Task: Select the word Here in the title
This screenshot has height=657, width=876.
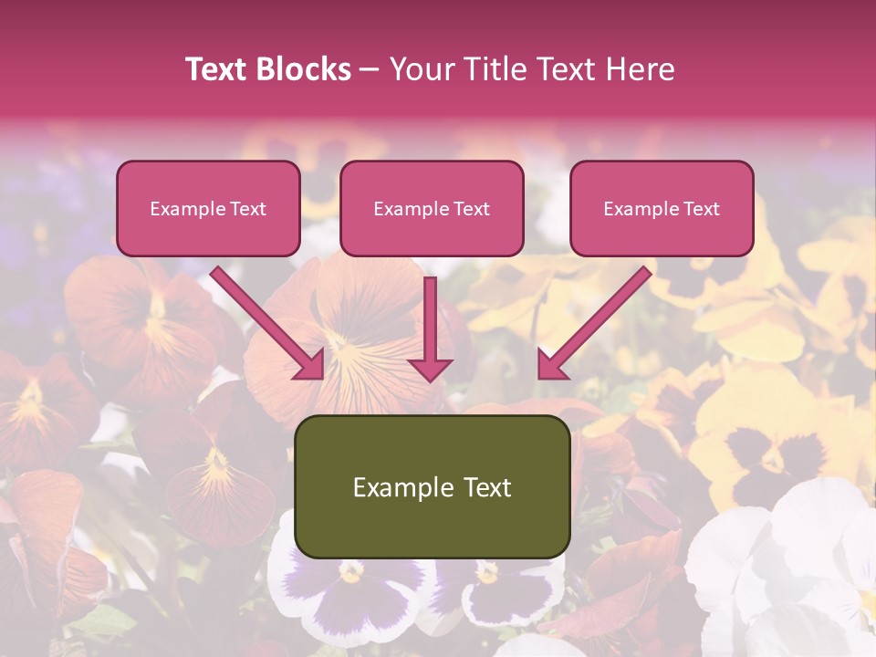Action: click(639, 69)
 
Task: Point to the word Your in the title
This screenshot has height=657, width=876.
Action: click(421, 69)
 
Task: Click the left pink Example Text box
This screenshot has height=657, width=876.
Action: click(208, 209)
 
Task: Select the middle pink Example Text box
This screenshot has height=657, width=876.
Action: click(432, 209)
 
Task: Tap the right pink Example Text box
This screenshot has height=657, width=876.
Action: click(662, 209)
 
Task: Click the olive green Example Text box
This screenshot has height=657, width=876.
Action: click(433, 487)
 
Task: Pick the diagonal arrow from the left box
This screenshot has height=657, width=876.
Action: click(265, 319)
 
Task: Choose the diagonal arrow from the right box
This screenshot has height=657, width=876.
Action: click(598, 319)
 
